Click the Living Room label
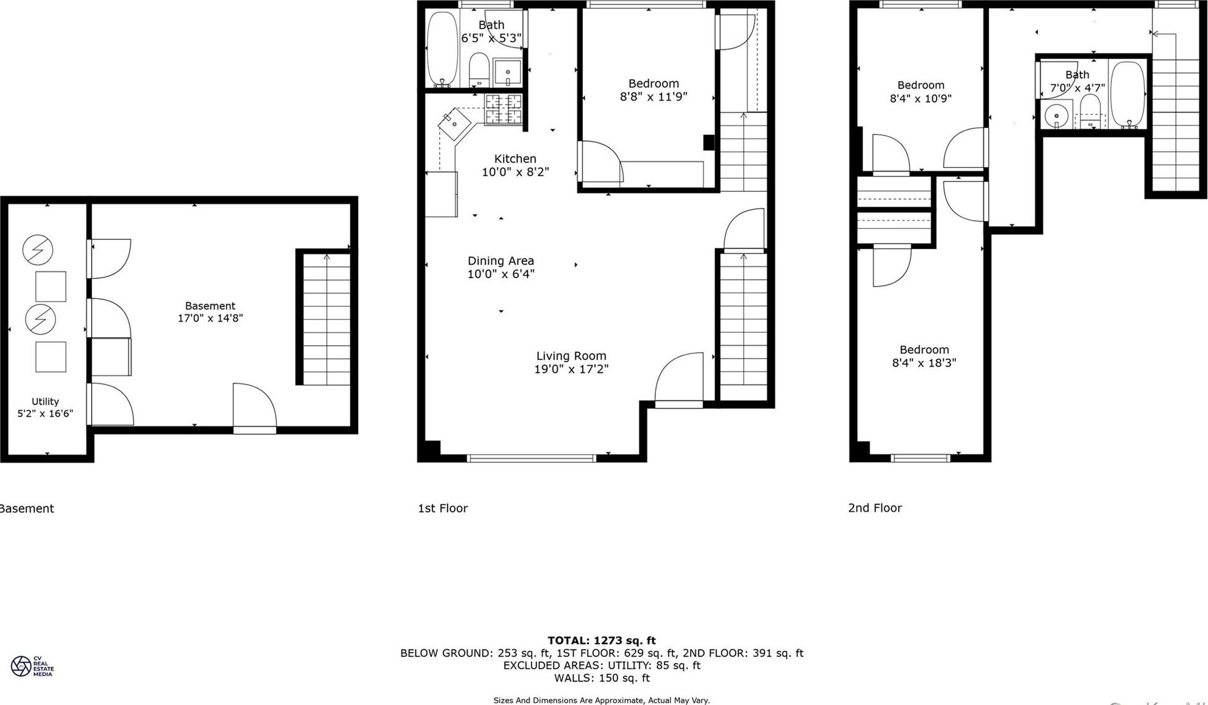click(570, 356)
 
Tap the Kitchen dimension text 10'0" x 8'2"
click(515, 172)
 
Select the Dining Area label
click(500, 261)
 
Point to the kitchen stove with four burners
click(503, 110)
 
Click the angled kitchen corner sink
click(454, 124)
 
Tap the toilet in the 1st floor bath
click(479, 69)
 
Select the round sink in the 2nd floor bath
click(1057, 115)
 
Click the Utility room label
click(45, 401)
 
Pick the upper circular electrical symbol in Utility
click(38, 249)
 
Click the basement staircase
click(326, 318)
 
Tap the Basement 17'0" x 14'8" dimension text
click(210, 318)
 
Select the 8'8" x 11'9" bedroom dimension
click(653, 97)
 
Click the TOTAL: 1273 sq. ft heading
click(601, 640)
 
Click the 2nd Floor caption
click(874, 508)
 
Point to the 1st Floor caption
click(442, 508)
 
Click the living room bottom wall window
click(531, 458)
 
